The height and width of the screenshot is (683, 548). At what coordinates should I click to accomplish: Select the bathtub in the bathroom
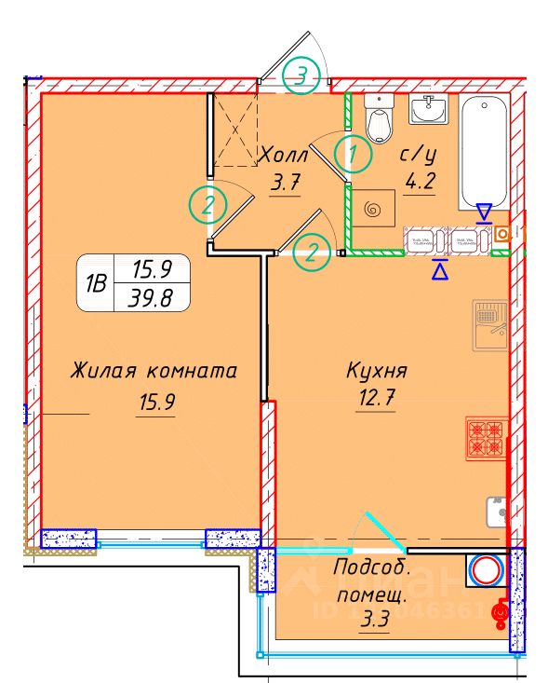[x=485, y=154]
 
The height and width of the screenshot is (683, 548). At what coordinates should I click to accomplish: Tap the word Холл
[x=285, y=154]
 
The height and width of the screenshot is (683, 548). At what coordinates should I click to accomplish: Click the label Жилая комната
[x=154, y=371]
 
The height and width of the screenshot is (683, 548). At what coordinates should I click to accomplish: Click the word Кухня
[x=377, y=371]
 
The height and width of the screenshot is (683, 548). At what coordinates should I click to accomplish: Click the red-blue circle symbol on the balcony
[x=485, y=569]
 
